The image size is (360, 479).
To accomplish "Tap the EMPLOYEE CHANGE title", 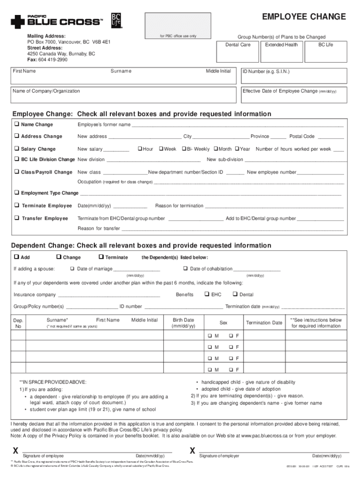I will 304,17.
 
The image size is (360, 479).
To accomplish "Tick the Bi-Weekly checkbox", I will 183,149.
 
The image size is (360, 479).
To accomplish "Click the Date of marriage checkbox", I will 72,269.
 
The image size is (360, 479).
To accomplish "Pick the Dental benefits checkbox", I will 235,294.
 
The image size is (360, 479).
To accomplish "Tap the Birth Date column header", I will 183,323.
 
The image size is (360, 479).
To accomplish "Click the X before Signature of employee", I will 15,451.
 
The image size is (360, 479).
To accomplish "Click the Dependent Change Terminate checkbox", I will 101,257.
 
